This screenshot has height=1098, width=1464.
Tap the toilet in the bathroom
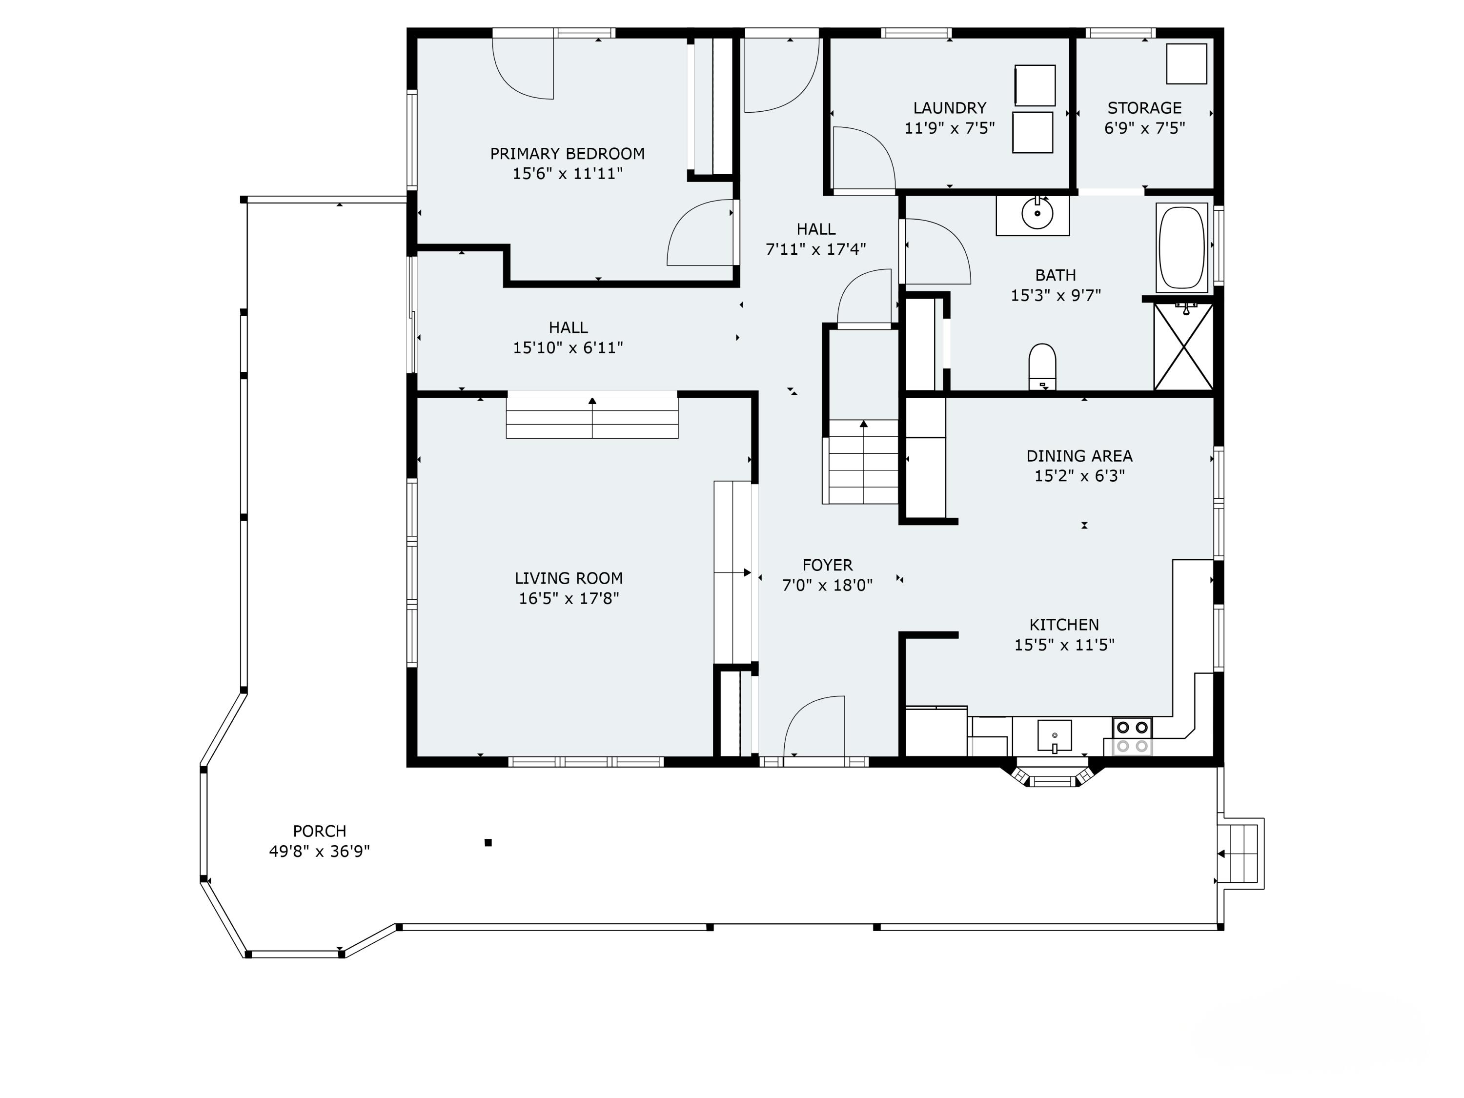(x=1042, y=366)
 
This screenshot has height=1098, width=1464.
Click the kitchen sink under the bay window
(x=1054, y=735)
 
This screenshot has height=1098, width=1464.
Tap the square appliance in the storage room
(x=1186, y=64)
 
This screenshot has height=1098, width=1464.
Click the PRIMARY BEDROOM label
(x=567, y=154)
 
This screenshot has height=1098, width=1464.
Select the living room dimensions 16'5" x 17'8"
(x=569, y=598)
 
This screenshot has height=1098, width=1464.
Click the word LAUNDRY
(x=949, y=108)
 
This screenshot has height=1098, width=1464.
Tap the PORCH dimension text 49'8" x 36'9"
(x=319, y=851)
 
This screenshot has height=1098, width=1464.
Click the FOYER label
(x=827, y=565)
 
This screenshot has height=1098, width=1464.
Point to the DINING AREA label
(x=1079, y=455)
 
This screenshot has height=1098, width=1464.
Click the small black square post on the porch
(x=488, y=842)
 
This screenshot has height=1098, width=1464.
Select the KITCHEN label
(x=1063, y=624)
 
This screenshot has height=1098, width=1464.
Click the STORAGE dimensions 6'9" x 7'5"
(x=1144, y=128)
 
